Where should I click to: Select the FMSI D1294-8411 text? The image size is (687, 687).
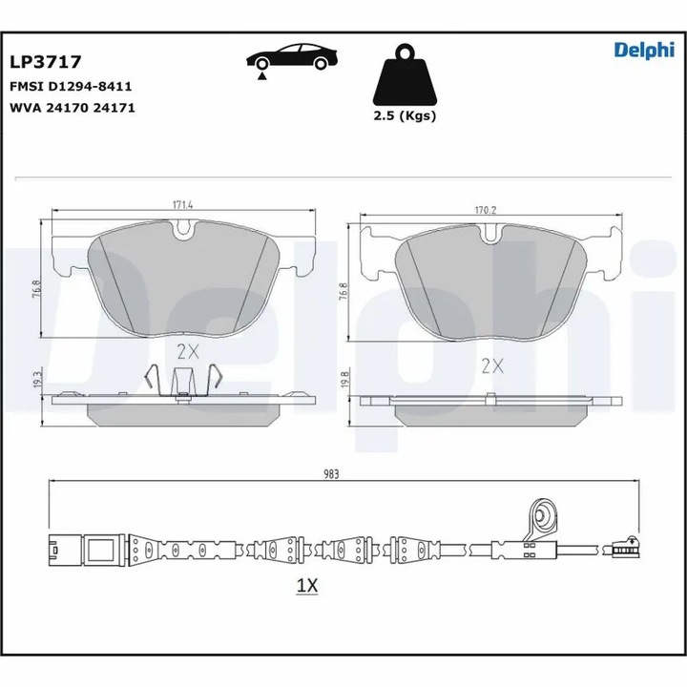pos(70,86)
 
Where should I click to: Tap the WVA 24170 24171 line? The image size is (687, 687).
pos(72,108)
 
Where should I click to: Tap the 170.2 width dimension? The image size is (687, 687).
pos(489,209)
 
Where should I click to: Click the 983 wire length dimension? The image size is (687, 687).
pos(331,472)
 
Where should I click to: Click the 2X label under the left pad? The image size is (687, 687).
pos(188,350)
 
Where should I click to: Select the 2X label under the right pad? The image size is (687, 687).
pos(492,364)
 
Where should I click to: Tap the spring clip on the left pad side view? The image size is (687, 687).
pos(182,383)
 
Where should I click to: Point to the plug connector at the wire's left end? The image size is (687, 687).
pos(81,551)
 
